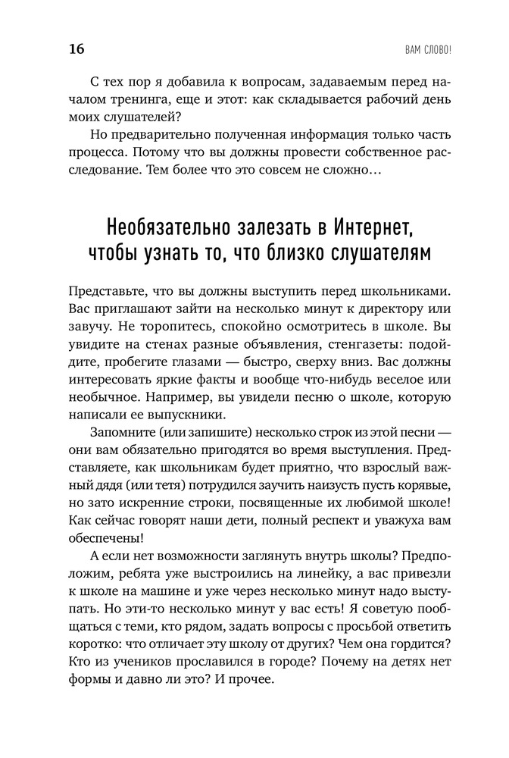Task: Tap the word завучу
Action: point(89,330)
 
